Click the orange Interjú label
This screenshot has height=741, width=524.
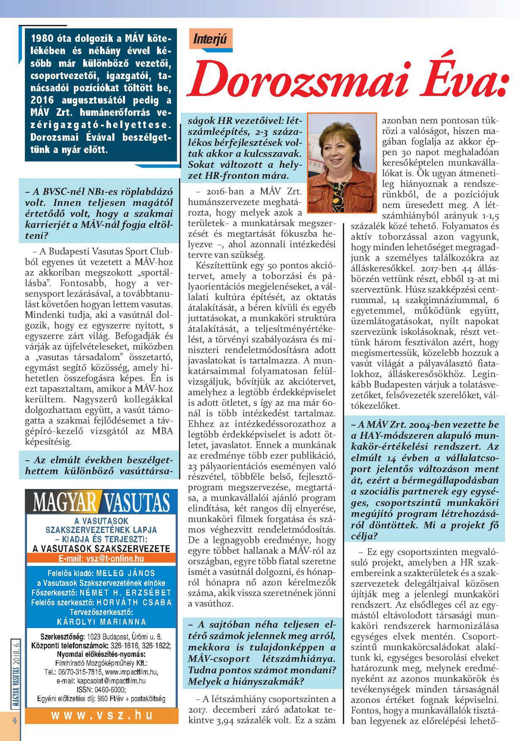pos(210,38)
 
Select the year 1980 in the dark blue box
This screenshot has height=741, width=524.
pos(42,38)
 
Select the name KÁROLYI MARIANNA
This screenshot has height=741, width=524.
pos(101,622)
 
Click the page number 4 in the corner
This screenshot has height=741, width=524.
pos(15,720)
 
